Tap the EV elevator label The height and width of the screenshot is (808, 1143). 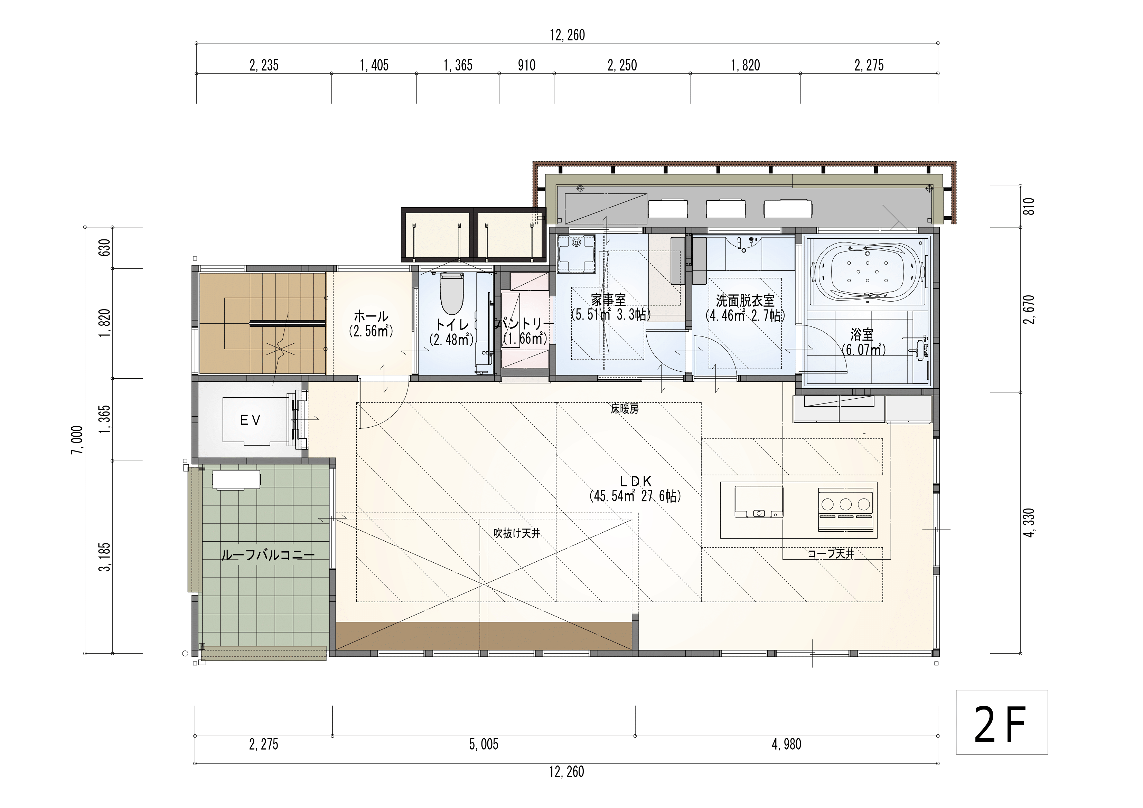tap(250, 420)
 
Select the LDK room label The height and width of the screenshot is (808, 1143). tap(636, 481)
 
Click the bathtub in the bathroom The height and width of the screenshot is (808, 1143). tap(868, 273)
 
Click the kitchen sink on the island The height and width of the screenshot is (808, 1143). tap(759, 502)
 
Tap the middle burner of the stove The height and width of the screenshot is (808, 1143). tap(845, 504)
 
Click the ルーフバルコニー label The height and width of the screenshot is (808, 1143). tap(268, 555)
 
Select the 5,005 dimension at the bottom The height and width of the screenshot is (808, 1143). tap(484, 744)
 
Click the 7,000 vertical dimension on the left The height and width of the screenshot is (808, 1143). tap(77, 440)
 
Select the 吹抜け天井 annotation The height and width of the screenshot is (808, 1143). tap(517, 533)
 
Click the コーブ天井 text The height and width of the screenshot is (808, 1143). tap(831, 553)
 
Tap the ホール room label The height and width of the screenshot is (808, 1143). tap(371, 316)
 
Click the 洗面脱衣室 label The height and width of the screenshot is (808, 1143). tap(745, 301)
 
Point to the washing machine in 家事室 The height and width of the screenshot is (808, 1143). tap(577, 254)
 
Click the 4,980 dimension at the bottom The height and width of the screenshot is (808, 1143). tap(787, 744)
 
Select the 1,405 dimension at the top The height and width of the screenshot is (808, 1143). tap(374, 65)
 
